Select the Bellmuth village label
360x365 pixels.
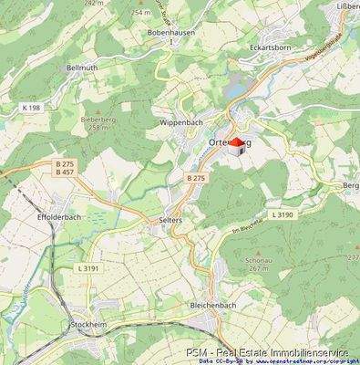point(55,68)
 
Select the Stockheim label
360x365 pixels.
point(88,324)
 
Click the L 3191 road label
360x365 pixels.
point(88,268)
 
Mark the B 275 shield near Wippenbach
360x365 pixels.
point(194,179)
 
